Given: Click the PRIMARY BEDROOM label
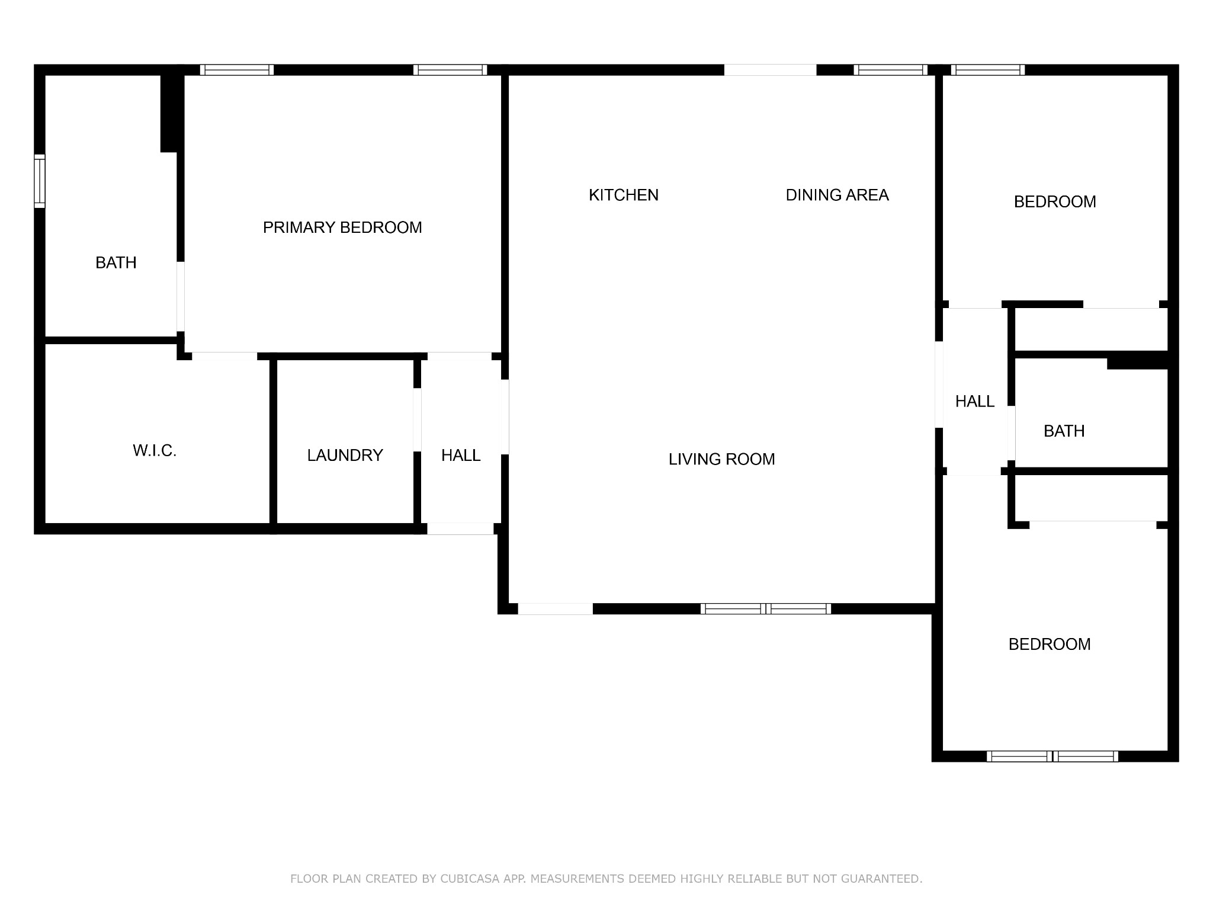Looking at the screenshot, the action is tap(342, 227).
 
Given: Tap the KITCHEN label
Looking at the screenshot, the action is tap(624, 195).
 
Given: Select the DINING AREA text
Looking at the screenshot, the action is tap(837, 195).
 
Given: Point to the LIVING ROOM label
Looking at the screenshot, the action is tap(721, 459).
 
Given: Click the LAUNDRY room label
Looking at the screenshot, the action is tap(345, 455).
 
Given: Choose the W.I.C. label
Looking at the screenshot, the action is tap(155, 451).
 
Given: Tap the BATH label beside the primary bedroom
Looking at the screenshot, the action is tap(116, 262).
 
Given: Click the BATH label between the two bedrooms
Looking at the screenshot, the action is tap(1064, 431).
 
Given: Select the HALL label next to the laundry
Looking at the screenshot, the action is tap(461, 455).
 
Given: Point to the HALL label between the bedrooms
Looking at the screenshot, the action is tap(975, 402).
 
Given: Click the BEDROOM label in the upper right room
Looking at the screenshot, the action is tap(1055, 202).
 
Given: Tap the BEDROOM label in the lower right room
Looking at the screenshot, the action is tap(1050, 644).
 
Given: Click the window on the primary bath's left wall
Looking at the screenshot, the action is tap(39, 181).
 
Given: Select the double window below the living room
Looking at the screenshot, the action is tap(766, 608).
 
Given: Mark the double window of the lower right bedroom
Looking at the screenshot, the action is tap(1052, 756).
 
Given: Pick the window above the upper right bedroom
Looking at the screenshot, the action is tap(988, 70).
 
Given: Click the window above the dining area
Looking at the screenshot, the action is tap(890, 70).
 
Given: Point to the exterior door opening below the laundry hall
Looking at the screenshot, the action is tap(460, 528).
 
